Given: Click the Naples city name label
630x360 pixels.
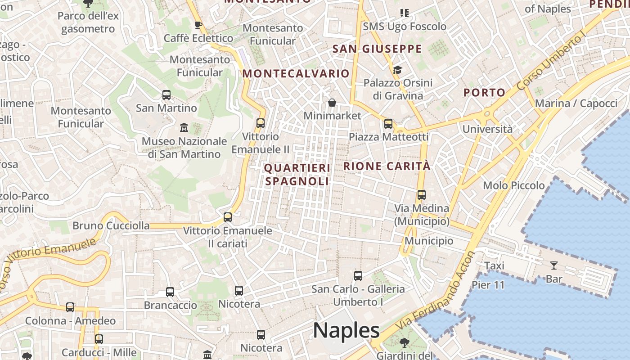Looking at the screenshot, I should point(346,330).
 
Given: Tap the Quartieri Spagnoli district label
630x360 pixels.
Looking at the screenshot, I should point(297,174).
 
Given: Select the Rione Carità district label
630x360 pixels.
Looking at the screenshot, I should point(387,166).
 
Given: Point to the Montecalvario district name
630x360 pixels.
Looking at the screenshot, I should point(296,73).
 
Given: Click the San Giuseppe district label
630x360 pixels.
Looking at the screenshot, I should point(377,49).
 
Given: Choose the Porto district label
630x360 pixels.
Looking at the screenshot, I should point(485,93).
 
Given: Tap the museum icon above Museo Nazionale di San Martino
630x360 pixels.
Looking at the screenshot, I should point(184,128).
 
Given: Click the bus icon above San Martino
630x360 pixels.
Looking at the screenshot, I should point(166,95).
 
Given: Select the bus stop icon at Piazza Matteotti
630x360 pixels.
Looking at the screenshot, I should point(388,123).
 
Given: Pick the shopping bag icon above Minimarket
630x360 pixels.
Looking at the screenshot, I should point(332,103).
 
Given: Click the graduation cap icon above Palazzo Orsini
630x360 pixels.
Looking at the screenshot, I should point(397,70).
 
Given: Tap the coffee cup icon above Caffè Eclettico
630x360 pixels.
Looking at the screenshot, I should point(198,25).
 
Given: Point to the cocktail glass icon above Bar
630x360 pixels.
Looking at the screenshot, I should point(554,265).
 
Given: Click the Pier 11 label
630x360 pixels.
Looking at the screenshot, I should point(488,285).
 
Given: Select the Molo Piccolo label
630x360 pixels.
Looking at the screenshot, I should point(514,185).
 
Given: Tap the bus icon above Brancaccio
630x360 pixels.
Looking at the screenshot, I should point(170,292).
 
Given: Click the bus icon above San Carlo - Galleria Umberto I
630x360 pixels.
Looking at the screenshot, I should point(358,276).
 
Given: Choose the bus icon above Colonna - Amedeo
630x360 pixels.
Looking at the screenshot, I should point(70,307).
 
